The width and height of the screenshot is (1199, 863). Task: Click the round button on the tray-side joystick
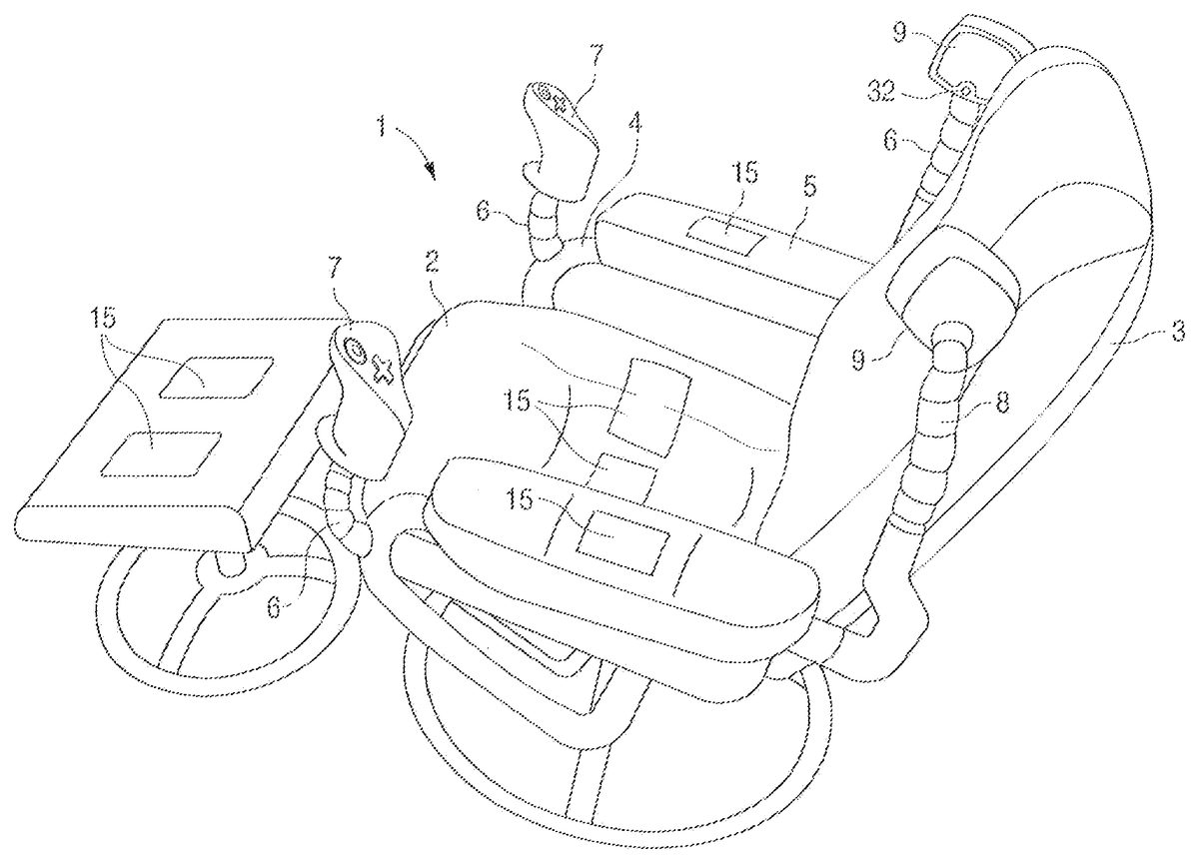click(x=353, y=350)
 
